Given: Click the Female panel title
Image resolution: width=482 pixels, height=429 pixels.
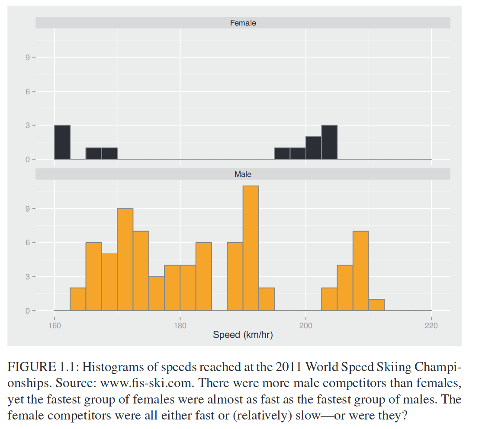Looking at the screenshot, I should tap(243, 23).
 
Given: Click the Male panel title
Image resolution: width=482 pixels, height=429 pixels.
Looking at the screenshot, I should tap(243, 174).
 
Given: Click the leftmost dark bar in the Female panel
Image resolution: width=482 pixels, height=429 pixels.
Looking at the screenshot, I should tap(62, 142).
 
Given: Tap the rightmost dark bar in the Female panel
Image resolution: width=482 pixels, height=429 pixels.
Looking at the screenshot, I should tap(329, 142).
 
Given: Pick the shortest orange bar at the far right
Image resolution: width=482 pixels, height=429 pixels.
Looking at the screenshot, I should tap(376, 305).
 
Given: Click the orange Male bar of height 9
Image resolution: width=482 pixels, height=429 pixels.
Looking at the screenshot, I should tap(125, 259).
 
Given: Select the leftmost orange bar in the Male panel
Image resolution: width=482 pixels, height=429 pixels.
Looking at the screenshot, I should tap(78, 299).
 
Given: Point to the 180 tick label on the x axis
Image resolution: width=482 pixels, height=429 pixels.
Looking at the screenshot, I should tap(180, 326).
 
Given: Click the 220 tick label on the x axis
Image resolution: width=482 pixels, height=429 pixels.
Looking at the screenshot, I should tap(431, 326).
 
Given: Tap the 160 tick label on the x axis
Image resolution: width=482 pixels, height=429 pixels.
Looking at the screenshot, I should tap(55, 326).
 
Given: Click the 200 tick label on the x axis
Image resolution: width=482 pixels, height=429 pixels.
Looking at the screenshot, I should tap(306, 326).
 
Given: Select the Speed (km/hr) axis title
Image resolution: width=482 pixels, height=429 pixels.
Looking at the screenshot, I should tap(243, 335).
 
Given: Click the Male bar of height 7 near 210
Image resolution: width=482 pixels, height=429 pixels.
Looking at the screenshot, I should tap(361, 271).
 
